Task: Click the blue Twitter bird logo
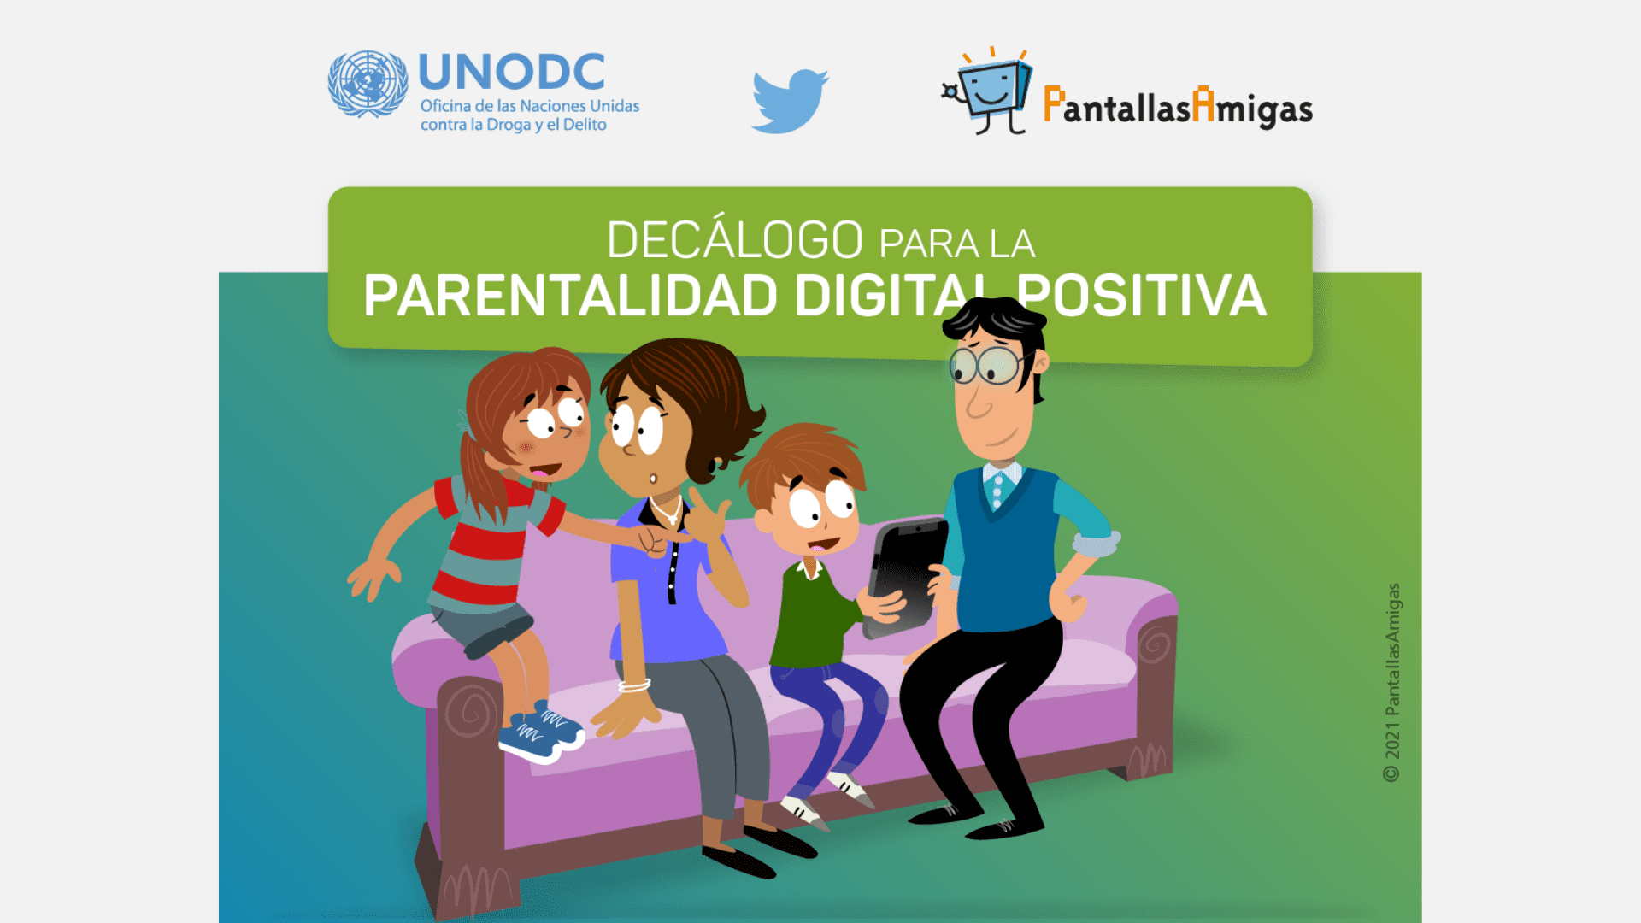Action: [790, 101]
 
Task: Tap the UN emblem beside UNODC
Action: [368, 84]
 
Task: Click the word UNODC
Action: [512, 72]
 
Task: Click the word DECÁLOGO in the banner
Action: [735, 239]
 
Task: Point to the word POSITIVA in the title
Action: [1141, 296]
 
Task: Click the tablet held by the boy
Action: [906, 578]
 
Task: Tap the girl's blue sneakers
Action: [540, 733]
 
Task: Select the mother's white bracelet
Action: [634, 685]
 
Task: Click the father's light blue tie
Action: [996, 491]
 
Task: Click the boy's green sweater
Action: [812, 615]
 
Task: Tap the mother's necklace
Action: [667, 510]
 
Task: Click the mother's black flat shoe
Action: [739, 861]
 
